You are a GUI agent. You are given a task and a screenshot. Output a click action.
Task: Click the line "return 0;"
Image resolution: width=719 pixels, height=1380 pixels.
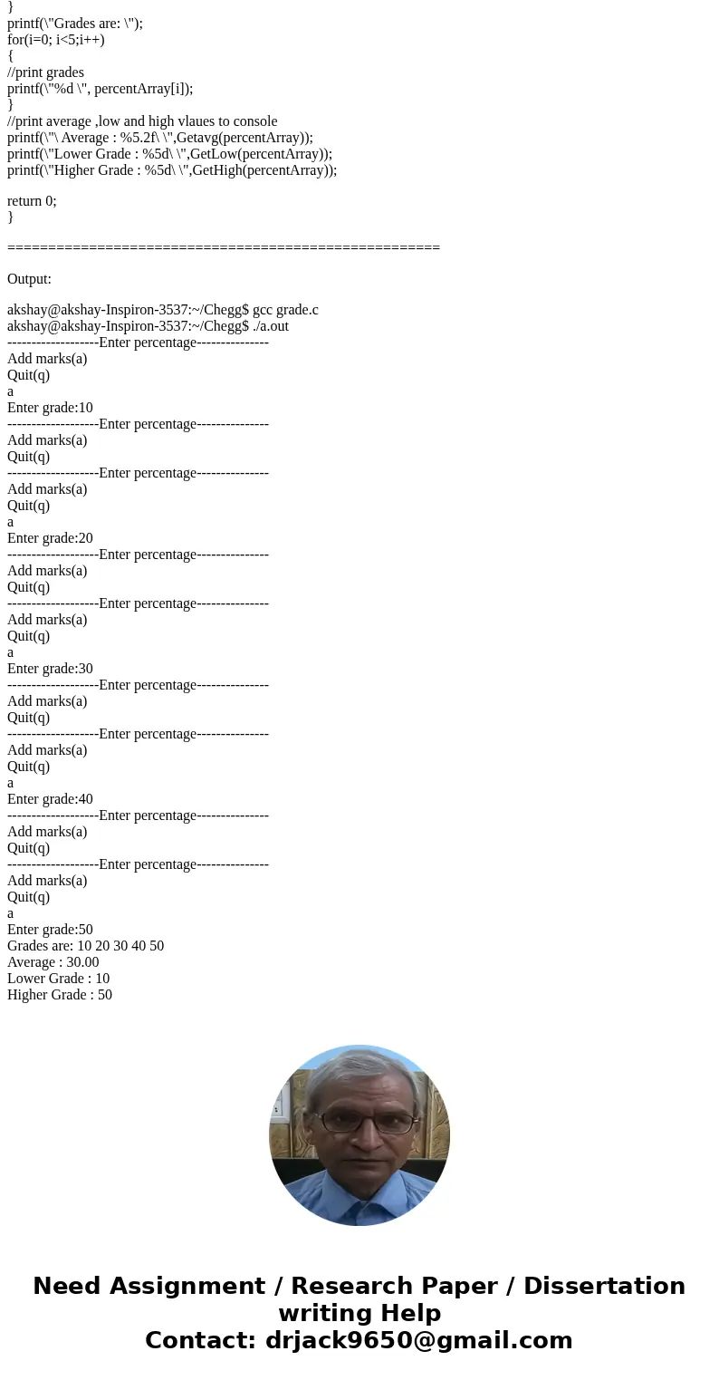[32, 201]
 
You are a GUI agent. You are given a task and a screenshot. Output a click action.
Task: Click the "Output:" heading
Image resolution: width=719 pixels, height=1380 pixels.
[29, 279]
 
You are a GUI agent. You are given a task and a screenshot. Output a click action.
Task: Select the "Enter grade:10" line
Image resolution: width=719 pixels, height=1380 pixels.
[50, 408]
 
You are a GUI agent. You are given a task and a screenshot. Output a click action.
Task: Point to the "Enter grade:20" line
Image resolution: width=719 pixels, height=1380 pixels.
[50, 538]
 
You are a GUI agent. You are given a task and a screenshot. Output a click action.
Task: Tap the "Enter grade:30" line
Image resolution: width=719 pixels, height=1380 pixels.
[50, 669]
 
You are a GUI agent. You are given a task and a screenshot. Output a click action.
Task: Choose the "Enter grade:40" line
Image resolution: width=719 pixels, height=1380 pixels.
[50, 799]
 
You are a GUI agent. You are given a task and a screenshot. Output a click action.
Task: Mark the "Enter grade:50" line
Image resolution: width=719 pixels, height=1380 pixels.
[50, 930]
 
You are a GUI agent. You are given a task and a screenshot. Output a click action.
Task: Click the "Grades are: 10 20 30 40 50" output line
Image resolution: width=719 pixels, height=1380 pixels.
[85, 946]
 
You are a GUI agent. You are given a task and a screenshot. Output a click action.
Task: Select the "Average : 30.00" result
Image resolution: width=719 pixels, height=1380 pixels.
[53, 962]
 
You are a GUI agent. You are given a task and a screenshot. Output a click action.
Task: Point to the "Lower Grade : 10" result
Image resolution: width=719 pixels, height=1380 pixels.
[58, 979]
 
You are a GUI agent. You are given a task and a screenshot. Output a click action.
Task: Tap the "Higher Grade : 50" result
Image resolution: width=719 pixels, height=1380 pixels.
[60, 995]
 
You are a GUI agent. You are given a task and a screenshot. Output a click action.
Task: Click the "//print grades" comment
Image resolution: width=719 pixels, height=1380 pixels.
[45, 72]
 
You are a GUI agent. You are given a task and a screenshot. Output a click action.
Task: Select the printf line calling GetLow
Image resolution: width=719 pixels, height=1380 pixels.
[169, 154]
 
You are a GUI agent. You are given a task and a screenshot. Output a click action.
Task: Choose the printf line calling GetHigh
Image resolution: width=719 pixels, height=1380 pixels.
[172, 170]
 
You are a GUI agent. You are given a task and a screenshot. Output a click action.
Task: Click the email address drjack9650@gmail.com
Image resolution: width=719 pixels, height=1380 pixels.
[418, 1341]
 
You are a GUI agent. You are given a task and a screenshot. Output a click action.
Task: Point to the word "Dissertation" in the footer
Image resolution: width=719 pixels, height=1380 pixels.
[604, 1287]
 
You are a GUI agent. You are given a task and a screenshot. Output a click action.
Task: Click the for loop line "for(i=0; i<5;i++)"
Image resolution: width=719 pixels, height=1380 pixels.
[56, 40]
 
